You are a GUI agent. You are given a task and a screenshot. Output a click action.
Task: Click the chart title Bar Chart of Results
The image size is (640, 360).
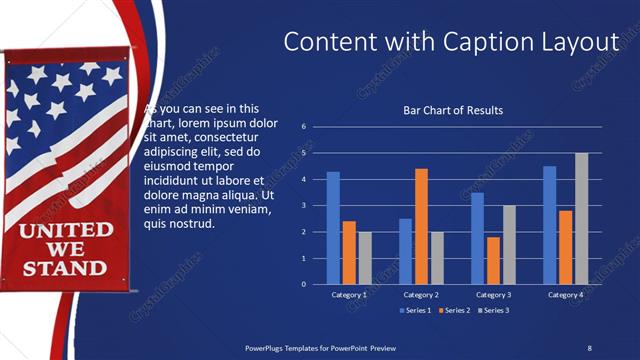point(452,110)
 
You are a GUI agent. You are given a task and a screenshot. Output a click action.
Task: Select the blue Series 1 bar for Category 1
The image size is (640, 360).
point(333,228)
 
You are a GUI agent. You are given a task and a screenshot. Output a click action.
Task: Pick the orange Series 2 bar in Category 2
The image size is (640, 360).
point(421,226)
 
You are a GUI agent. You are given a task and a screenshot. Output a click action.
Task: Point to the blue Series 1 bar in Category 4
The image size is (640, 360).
point(550,225)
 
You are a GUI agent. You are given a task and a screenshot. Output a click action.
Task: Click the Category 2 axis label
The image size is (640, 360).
point(421,295)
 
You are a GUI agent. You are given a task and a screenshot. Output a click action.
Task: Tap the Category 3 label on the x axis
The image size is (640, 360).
point(494,295)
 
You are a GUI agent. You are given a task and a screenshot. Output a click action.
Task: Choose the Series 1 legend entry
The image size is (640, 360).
point(417,311)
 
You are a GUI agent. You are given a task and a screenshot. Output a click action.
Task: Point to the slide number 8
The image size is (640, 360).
point(589,348)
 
